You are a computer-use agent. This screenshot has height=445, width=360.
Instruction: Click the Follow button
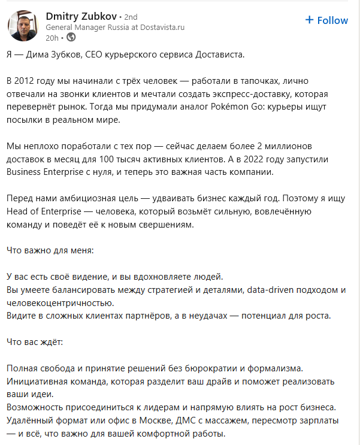(x=326, y=20)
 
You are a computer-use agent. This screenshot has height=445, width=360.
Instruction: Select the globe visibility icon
(x=71, y=37)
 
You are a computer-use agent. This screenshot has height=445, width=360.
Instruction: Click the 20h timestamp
(x=52, y=37)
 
